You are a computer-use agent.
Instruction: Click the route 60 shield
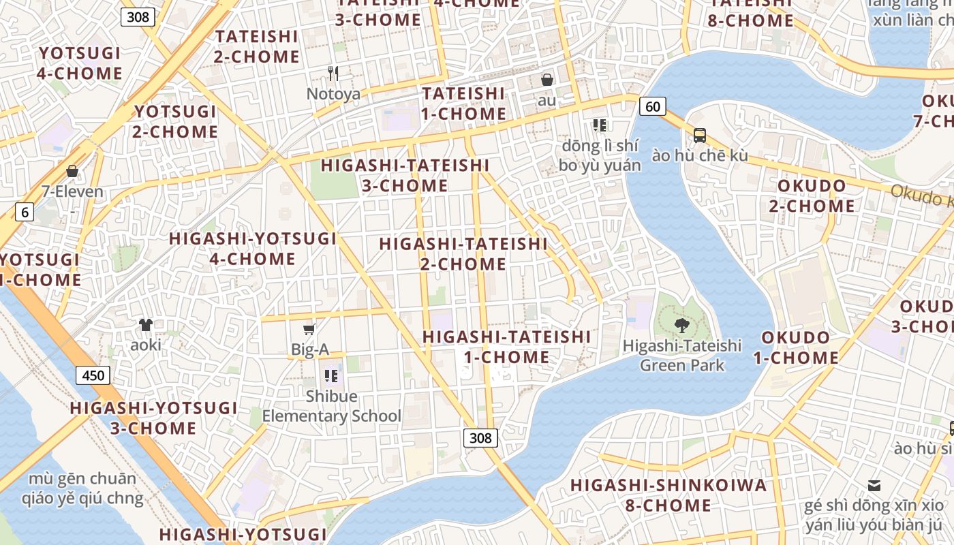pos(652,106)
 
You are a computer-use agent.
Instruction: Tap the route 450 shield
pos(93,375)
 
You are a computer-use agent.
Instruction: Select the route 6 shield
pos(25,212)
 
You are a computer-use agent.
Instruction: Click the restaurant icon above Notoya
pos(333,74)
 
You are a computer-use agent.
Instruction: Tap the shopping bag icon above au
pos(547,80)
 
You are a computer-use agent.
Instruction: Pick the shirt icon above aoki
pos(146,325)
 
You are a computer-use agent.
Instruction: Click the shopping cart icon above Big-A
pos(309,330)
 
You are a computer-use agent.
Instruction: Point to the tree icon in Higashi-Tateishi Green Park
pos(681,325)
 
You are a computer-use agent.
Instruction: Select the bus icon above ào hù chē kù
pos(699,135)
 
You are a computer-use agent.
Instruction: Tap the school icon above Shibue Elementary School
pos(331,375)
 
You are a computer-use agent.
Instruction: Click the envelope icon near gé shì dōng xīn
pos(874,486)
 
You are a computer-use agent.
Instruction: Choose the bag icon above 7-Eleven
pos(72,171)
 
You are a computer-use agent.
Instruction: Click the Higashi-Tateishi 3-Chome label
pos(405,175)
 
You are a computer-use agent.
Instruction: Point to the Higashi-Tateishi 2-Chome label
pos(463,253)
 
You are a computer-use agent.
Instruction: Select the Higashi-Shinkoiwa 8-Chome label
pos(668,495)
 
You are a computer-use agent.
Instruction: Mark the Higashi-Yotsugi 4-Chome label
pos(253,249)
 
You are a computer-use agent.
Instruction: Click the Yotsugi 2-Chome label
pos(175,121)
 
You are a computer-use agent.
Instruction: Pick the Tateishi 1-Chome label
pos(463,104)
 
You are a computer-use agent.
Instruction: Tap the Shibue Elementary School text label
pos(331,406)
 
